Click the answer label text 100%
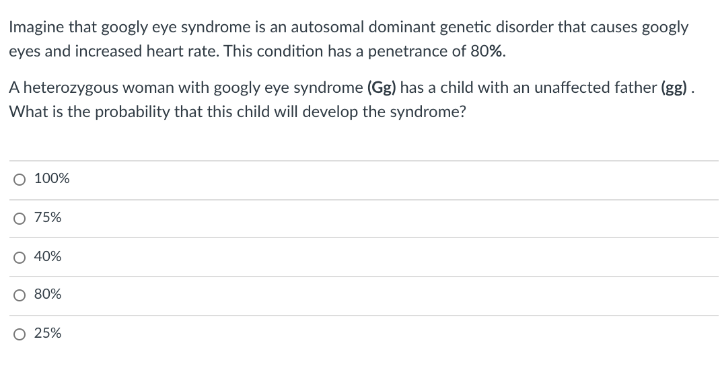[x=51, y=179]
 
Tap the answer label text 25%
[x=48, y=333]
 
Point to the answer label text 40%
[x=48, y=256]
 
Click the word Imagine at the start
[x=34, y=28]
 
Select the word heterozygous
[x=64, y=87]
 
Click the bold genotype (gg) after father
[x=678, y=87]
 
